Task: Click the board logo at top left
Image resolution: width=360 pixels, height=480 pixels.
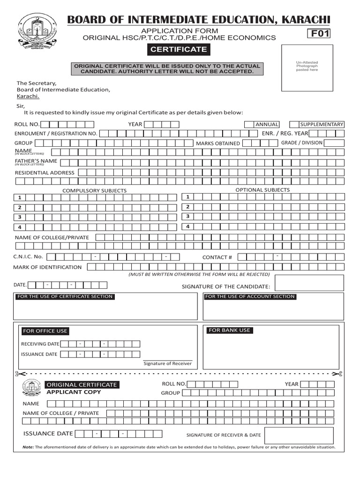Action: (x=36, y=31)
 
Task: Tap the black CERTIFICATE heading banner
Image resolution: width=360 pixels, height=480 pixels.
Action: (x=178, y=49)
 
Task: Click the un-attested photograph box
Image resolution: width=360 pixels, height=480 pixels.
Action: (x=307, y=68)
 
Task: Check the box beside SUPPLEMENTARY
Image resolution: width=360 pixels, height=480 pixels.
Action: (x=294, y=124)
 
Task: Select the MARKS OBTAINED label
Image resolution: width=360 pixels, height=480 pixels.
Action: (x=217, y=143)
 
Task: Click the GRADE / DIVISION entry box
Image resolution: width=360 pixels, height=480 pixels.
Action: (x=334, y=143)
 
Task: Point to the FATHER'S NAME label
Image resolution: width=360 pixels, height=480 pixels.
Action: (x=36, y=161)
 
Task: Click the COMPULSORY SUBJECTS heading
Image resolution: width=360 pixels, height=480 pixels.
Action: (x=95, y=191)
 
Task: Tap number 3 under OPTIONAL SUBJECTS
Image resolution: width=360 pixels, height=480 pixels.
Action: (x=187, y=217)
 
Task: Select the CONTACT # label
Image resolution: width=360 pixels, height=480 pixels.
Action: (x=217, y=257)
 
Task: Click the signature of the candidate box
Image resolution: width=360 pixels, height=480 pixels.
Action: (x=309, y=283)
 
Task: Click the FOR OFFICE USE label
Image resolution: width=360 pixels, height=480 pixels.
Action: (x=45, y=331)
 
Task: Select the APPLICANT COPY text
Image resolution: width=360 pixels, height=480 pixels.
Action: (x=73, y=392)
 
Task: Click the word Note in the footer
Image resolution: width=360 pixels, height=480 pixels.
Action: (x=28, y=447)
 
